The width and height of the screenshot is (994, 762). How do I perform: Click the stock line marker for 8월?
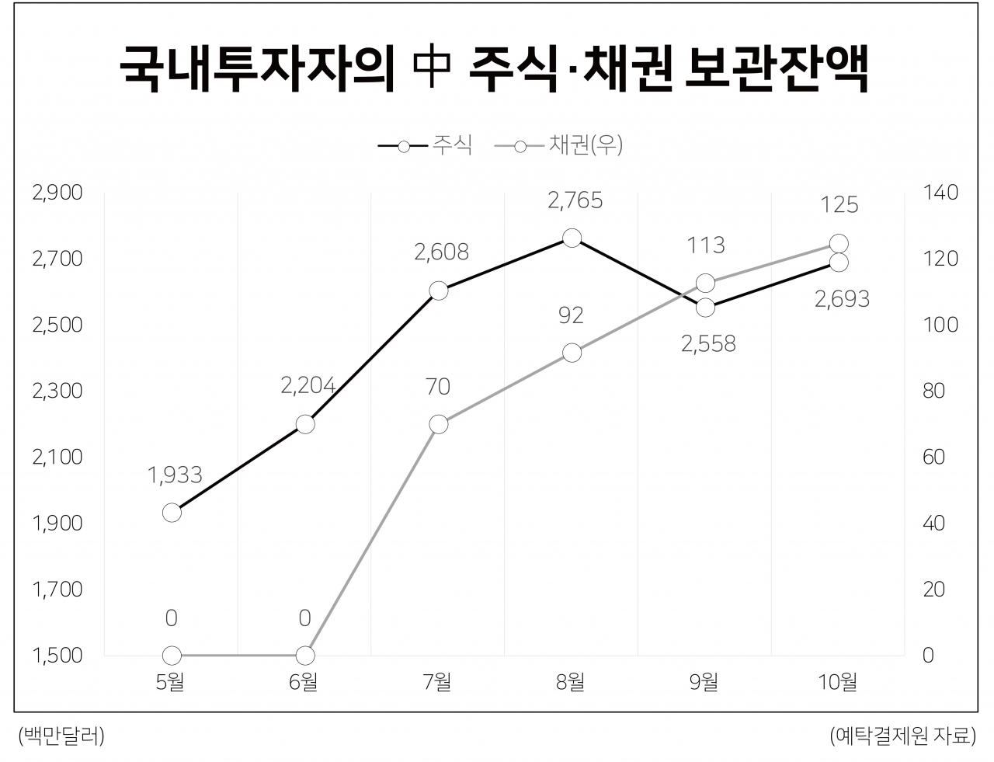pos(572,238)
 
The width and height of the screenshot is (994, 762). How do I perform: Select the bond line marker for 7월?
pos(438,424)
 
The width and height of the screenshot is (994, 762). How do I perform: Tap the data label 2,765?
pos(575,200)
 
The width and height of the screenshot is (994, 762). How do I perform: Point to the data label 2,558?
pos(708,344)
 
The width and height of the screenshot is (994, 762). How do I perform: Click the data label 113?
pos(706,245)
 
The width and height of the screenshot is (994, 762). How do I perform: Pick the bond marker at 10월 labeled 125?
pos(839,244)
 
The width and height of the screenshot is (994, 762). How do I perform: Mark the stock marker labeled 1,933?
pos(172,513)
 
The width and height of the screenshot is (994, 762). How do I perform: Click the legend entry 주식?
pos(425,145)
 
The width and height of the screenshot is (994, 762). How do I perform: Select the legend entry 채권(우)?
pos(558,145)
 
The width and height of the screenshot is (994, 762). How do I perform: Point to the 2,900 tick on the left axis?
pos(57,193)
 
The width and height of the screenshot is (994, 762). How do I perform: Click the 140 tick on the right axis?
pos(940,193)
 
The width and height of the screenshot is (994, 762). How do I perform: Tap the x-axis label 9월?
pos(704,681)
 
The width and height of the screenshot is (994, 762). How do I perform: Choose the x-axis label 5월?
pos(170,681)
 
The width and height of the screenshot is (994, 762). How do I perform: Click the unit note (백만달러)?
pos(62,736)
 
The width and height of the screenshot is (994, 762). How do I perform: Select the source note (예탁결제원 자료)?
pos(903,736)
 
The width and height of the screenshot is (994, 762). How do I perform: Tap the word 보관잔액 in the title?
pos(777,69)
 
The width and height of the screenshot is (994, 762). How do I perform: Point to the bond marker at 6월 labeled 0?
pos(305,656)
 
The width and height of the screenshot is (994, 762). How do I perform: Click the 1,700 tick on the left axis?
pos(57,590)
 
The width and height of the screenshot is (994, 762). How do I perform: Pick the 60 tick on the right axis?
pos(934,457)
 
